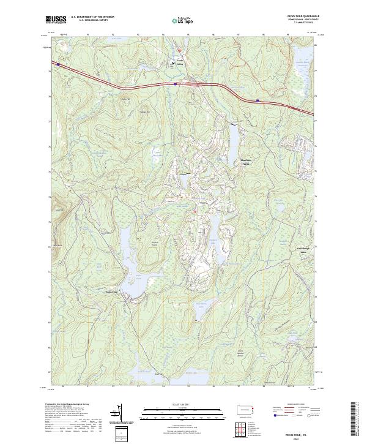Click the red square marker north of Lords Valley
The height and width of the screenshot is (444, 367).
pos(180,50)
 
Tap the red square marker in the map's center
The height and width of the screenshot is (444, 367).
pos(195,212)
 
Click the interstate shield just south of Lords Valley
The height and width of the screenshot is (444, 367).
pos(176,83)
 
